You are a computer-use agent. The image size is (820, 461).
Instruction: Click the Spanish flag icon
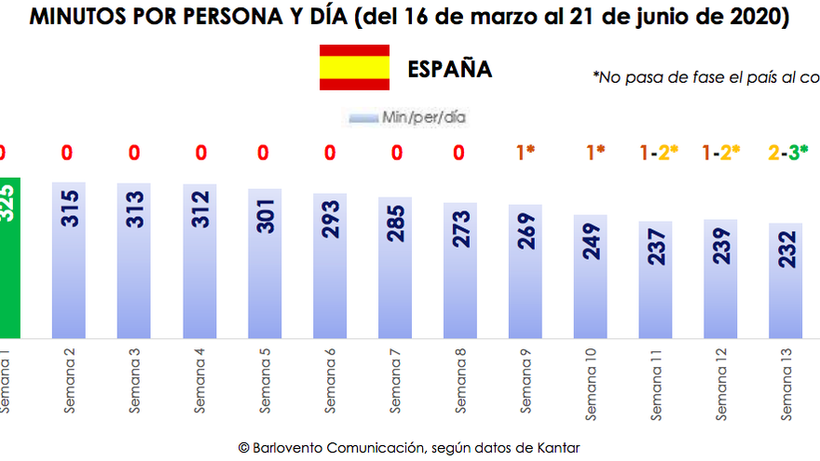pyautogui.click(x=354, y=68)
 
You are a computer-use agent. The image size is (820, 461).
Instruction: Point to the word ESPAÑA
pyautogui.click(x=449, y=70)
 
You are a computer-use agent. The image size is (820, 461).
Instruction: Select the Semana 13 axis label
pyautogui.click(x=789, y=380)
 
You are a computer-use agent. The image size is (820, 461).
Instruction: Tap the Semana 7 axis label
pyautogui.click(x=395, y=380)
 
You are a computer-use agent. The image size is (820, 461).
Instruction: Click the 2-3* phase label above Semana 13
pyautogui.click(x=787, y=152)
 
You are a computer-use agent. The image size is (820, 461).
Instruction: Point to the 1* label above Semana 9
pyautogui.click(x=526, y=152)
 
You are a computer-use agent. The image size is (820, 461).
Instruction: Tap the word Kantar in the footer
pyautogui.click(x=558, y=448)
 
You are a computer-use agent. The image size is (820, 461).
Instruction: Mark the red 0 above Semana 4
pyautogui.click(x=199, y=152)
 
